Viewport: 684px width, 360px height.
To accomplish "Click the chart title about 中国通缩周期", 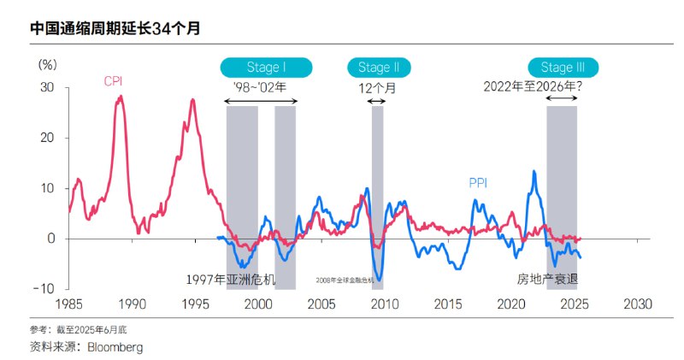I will click(x=115, y=28).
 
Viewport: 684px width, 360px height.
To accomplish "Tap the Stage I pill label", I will click(x=266, y=68).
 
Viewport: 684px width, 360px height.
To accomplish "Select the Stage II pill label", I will click(x=379, y=68).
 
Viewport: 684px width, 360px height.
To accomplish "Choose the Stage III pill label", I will click(x=563, y=68).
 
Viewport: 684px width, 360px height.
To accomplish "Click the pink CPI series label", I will click(x=114, y=82).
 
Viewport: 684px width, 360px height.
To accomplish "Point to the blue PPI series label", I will click(x=478, y=182).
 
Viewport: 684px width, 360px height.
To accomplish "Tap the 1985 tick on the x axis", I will click(x=68, y=304).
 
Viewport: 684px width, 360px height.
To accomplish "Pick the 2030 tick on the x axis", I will click(x=638, y=304).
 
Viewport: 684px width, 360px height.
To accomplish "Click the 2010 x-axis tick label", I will click(x=385, y=304).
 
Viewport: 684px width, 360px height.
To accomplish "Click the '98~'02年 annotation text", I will click(x=260, y=86).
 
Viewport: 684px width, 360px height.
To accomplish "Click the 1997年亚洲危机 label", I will click(x=232, y=280).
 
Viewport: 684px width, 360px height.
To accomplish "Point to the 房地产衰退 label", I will click(x=548, y=280).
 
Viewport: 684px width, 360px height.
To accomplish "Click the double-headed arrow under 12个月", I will click(x=377, y=102).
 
